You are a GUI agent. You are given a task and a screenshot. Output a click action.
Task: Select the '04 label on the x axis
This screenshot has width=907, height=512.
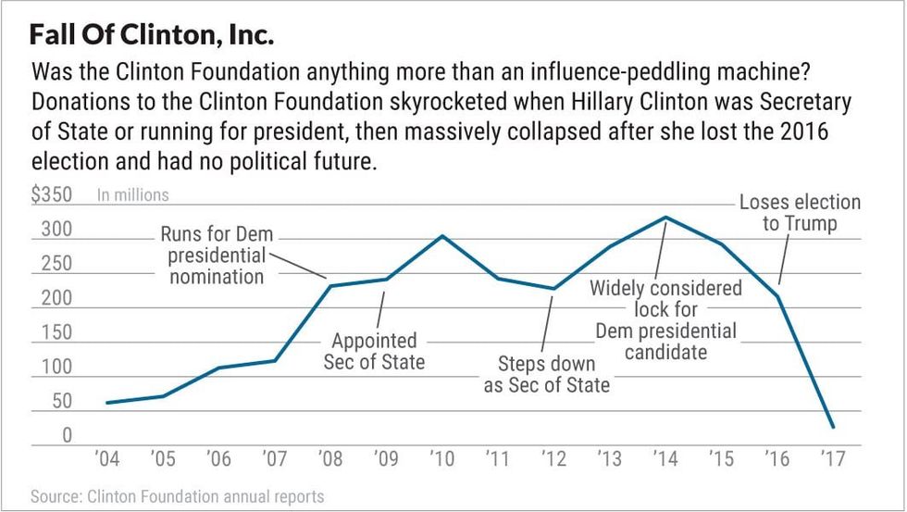pyautogui.click(x=107, y=458)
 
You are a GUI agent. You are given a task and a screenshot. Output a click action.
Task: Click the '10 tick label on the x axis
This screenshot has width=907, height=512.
pyautogui.click(x=441, y=458)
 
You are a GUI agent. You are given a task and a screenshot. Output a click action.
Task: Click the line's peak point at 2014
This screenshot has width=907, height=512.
pyautogui.click(x=665, y=218)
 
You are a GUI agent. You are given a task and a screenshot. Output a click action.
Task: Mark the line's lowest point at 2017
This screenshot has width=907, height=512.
pyautogui.click(x=832, y=428)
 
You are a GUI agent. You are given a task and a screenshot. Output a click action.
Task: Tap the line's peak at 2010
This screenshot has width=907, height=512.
pyautogui.click(x=441, y=235)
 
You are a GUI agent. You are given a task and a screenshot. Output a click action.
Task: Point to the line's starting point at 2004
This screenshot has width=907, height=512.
pyautogui.click(x=107, y=403)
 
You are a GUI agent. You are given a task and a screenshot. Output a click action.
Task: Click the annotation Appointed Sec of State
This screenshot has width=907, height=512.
pyautogui.click(x=374, y=351)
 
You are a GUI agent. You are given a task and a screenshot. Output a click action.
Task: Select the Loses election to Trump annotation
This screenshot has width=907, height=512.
pyautogui.click(x=800, y=213)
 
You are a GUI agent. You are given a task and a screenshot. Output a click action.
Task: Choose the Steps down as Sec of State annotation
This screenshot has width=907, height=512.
pyautogui.click(x=547, y=374)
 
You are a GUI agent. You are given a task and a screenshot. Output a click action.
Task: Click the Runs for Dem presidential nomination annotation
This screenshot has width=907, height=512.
pyautogui.click(x=217, y=255)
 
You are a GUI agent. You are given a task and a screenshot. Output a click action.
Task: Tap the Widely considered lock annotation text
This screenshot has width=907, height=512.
pyautogui.click(x=665, y=319)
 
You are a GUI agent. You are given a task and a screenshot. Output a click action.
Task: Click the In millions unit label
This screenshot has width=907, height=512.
pyautogui.click(x=133, y=195)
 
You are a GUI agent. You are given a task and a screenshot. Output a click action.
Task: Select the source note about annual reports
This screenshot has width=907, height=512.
pyautogui.click(x=178, y=496)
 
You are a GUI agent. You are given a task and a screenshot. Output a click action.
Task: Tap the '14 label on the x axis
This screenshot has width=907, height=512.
pyautogui.click(x=664, y=458)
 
